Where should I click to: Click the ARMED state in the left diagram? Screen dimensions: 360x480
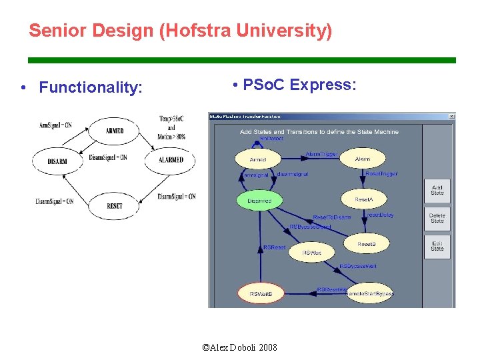click(x=114, y=131)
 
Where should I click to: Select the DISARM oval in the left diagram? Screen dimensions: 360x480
click(x=57, y=161)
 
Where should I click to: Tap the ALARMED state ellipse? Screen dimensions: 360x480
click(x=171, y=161)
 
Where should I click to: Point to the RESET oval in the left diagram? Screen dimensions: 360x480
click(x=114, y=206)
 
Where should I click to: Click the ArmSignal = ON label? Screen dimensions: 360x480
click(x=55, y=125)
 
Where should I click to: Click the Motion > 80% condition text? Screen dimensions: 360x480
click(x=171, y=137)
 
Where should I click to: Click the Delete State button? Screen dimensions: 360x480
click(x=437, y=218)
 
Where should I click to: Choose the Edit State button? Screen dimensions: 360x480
click(x=437, y=246)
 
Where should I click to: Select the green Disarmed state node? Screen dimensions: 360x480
click(x=260, y=199)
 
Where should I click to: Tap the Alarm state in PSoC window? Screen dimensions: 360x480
click(x=362, y=159)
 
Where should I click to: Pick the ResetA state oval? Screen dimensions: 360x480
click(x=363, y=200)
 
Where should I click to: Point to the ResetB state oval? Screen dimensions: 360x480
click(x=366, y=245)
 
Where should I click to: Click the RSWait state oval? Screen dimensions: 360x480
click(x=312, y=253)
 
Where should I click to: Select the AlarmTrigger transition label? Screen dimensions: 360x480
click(x=321, y=154)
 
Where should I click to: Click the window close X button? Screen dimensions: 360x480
click(x=451, y=117)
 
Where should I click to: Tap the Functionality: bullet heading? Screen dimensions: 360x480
click(x=91, y=87)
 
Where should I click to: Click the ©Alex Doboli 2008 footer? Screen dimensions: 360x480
click(x=240, y=347)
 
